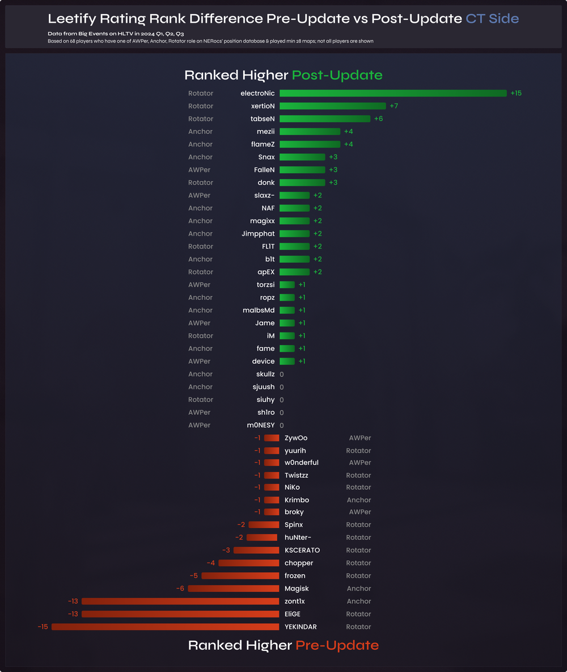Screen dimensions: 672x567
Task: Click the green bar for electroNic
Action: coord(393,93)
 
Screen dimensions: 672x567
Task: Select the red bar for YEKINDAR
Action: coord(165,627)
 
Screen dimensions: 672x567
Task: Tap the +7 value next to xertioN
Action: coord(394,106)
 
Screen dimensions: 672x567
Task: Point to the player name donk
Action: coord(266,183)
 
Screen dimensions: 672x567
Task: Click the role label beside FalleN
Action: coord(199,170)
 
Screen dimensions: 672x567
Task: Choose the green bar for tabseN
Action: coord(325,119)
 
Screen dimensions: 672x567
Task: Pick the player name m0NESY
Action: coord(261,425)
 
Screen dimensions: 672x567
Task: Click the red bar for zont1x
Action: coord(180,601)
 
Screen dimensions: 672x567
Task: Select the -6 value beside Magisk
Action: coord(180,589)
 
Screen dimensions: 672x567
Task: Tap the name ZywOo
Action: coord(296,438)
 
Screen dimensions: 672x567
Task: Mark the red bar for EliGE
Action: coord(180,614)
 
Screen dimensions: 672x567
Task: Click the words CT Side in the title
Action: coord(492,18)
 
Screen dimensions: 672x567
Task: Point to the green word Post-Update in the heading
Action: coord(337,75)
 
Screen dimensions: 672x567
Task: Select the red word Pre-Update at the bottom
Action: coord(337,645)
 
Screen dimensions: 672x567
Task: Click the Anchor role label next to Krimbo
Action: coord(359,500)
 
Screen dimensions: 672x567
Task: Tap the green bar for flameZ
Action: coord(310,144)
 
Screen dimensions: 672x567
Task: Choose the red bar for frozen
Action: coord(240,576)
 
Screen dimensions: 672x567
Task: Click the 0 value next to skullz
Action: coord(282,375)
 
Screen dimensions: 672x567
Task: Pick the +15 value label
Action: coord(516,93)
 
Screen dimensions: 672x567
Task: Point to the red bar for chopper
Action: coord(249,563)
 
